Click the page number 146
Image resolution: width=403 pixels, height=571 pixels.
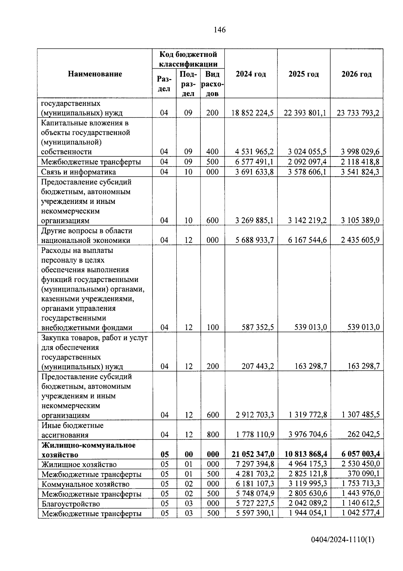click(x=220, y=30)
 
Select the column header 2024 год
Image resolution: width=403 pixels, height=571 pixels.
click(x=251, y=74)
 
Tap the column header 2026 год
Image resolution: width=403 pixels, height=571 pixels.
click(x=356, y=74)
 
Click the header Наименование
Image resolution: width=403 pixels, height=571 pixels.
click(x=95, y=74)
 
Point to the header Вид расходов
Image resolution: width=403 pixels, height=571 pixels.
click(x=212, y=84)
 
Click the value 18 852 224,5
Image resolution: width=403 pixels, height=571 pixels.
click(x=253, y=113)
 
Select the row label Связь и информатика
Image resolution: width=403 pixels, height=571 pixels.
click(x=79, y=172)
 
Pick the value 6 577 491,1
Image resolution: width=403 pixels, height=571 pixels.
click(x=254, y=162)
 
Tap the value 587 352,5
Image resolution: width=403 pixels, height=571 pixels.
click(x=258, y=327)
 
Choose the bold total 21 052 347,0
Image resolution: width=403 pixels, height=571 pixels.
click(x=253, y=455)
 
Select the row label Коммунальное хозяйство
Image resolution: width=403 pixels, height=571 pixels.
click(x=85, y=484)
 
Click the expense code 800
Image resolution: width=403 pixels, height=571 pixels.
click(x=213, y=435)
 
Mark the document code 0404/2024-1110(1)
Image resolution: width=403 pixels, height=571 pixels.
click(x=342, y=540)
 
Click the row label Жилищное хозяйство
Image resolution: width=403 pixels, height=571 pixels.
click(x=79, y=465)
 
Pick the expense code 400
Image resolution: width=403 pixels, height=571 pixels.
click(x=212, y=152)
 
